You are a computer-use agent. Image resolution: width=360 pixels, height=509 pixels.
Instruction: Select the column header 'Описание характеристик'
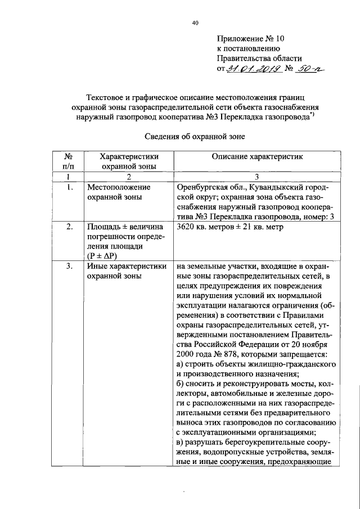(x=257, y=156)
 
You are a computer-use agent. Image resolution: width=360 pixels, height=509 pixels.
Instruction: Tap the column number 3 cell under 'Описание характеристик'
(x=257, y=177)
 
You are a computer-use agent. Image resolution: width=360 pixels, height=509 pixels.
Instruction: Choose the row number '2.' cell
(x=69, y=227)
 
